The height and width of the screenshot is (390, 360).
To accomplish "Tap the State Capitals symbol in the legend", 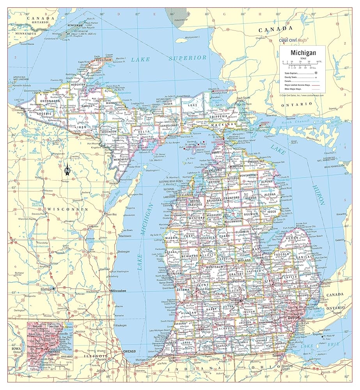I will tap(316, 73).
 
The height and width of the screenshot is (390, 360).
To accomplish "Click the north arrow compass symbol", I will tap(67, 168).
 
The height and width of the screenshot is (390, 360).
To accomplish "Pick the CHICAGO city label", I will tap(129, 351).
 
